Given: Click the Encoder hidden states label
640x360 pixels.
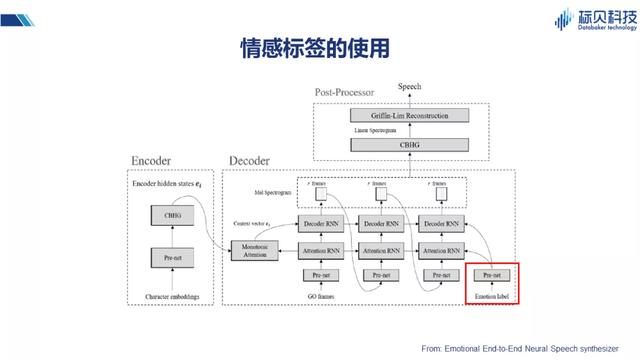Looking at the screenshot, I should pyautogui.click(x=166, y=184).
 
